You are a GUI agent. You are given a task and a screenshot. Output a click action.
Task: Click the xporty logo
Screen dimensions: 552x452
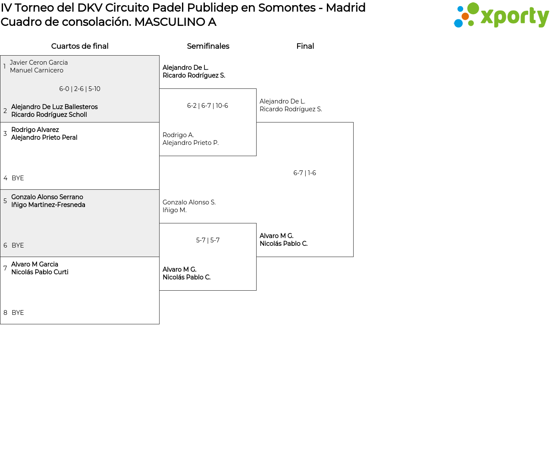click(x=501, y=15)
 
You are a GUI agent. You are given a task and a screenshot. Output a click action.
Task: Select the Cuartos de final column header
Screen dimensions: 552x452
click(x=80, y=46)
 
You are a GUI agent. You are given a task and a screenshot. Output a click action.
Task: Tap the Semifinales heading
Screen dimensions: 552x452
click(x=208, y=46)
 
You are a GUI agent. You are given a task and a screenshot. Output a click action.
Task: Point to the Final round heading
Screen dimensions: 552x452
click(x=305, y=46)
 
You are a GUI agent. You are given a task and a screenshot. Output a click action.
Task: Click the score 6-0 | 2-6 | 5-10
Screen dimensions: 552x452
click(x=80, y=89)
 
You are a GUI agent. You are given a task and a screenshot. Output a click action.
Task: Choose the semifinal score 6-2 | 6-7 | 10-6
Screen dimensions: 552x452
click(x=207, y=106)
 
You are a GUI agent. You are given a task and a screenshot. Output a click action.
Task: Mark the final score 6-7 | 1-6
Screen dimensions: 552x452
click(x=304, y=173)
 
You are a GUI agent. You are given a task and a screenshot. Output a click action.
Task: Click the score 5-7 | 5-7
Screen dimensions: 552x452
click(x=208, y=240)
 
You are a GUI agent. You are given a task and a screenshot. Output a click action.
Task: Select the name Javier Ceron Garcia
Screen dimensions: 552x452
click(x=39, y=62)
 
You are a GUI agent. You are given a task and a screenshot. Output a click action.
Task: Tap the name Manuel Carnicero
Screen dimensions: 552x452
click(x=37, y=70)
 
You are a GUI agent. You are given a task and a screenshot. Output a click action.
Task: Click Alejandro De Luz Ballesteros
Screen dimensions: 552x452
click(x=54, y=107)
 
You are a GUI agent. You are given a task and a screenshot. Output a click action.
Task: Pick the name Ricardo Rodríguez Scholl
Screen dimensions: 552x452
click(x=49, y=115)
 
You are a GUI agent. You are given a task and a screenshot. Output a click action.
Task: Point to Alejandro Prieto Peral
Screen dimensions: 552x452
click(x=44, y=138)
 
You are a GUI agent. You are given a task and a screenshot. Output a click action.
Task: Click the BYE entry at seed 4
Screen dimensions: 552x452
click(x=18, y=178)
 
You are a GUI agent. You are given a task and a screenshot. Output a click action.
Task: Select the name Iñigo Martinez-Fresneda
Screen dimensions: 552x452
click(x=48, y=205)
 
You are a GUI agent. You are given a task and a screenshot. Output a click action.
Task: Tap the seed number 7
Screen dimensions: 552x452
click(x=5, y=268)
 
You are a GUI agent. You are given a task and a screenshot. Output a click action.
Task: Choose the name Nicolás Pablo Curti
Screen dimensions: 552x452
click(x=40, y=272)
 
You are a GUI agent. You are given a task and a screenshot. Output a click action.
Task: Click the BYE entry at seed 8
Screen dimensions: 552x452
click(x=18, y=313)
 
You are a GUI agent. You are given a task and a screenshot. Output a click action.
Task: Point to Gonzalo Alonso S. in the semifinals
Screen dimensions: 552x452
click(x=189, y=202)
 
